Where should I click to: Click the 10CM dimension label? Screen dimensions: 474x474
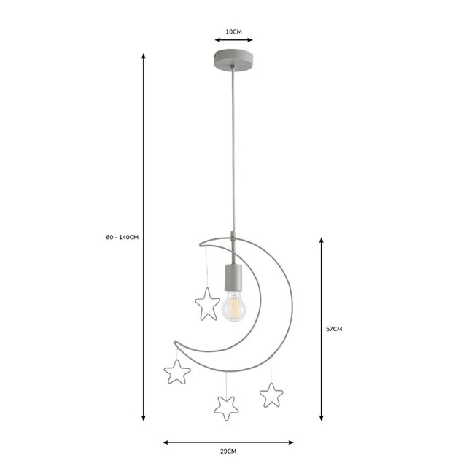click(233, 31)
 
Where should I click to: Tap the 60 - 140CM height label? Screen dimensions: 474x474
click(122, 238)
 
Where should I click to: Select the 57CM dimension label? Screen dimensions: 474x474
click(334, 329)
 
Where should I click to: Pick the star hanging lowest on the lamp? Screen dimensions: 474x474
click(226, 407)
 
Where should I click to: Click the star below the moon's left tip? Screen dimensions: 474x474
click(177, 372)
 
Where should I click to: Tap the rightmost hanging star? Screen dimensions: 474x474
click(271, 395)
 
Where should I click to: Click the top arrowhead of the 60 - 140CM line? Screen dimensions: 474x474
click(144, 55)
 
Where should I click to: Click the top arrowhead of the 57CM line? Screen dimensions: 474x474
click(321, 238)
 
